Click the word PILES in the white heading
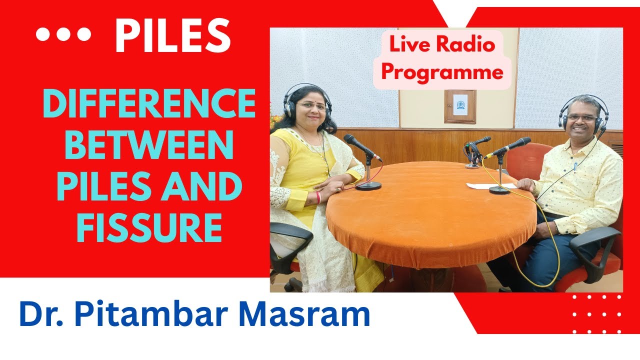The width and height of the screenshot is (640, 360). (x=172, y=35)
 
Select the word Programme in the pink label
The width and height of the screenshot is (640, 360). (x=442, y=72)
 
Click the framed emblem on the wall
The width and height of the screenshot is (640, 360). (x=460, y=106)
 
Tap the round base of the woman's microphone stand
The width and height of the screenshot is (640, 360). (x=368, y=186)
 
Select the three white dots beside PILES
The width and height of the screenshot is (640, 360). (x=63, y=34)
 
